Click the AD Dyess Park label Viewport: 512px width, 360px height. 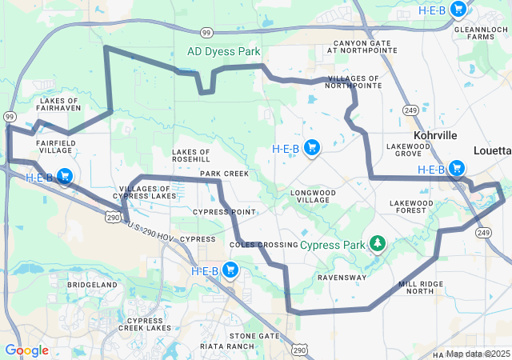coord(224,51)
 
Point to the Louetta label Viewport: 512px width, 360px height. coord(491,150)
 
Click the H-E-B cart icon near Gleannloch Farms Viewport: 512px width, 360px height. coord(458,9)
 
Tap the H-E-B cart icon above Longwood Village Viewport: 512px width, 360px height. coord(312,147)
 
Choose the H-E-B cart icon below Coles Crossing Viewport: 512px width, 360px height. coord(230,270)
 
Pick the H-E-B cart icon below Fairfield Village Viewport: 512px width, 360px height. coord(65,177)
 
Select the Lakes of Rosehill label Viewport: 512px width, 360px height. coord(191,155)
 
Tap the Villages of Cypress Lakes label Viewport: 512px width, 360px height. coord(146,192)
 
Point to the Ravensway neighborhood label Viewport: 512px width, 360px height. coord(342,278)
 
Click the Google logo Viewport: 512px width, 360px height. coord(26,350)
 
